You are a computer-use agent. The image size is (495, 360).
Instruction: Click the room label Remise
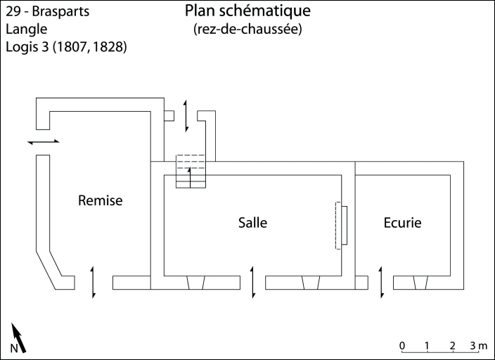[100, 201]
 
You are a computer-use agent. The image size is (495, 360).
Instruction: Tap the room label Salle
[252, 223]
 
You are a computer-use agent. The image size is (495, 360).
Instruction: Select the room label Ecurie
[402, 223]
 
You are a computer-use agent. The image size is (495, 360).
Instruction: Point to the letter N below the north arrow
[14, 349]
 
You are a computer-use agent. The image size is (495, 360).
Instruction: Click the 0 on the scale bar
[401, 345]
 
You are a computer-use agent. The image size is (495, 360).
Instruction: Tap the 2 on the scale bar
[453, 345]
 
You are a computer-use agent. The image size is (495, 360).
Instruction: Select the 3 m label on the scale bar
[479, 345]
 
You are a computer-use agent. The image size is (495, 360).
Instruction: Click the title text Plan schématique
[247, 11]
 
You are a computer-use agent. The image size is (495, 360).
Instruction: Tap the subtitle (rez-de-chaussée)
[247, 30]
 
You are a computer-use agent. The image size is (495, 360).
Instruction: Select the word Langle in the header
[27, 30]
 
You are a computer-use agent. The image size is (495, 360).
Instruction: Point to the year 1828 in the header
[110, 48]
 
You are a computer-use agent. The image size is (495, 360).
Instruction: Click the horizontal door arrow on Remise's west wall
[44, 142]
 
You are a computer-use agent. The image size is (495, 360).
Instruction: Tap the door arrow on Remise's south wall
[93, 282]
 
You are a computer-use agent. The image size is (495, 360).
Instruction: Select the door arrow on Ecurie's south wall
[380, 282]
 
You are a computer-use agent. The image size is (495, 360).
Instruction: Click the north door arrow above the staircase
[186, 116]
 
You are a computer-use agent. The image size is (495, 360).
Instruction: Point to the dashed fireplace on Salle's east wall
[341, 225]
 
